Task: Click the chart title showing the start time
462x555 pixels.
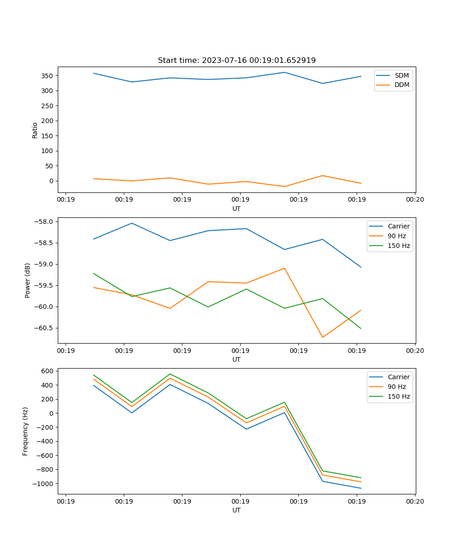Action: pos(237,60)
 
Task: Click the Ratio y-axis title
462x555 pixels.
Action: pos(35,129)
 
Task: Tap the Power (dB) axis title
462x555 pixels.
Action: pos(28,280)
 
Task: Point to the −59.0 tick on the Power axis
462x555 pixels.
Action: pos(43,264)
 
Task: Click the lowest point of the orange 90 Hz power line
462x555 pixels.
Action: pos(322,337)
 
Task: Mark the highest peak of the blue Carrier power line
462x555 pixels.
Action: pos(132,223)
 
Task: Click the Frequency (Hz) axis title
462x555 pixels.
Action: pos(25,431)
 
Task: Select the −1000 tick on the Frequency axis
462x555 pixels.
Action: pos(43,483)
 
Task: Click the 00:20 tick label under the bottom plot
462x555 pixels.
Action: pos(414,501)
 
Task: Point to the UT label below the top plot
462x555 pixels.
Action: pos(237,209)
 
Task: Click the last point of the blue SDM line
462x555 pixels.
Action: pos(361,76)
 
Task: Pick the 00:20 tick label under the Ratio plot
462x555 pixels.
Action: pos(414,199)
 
